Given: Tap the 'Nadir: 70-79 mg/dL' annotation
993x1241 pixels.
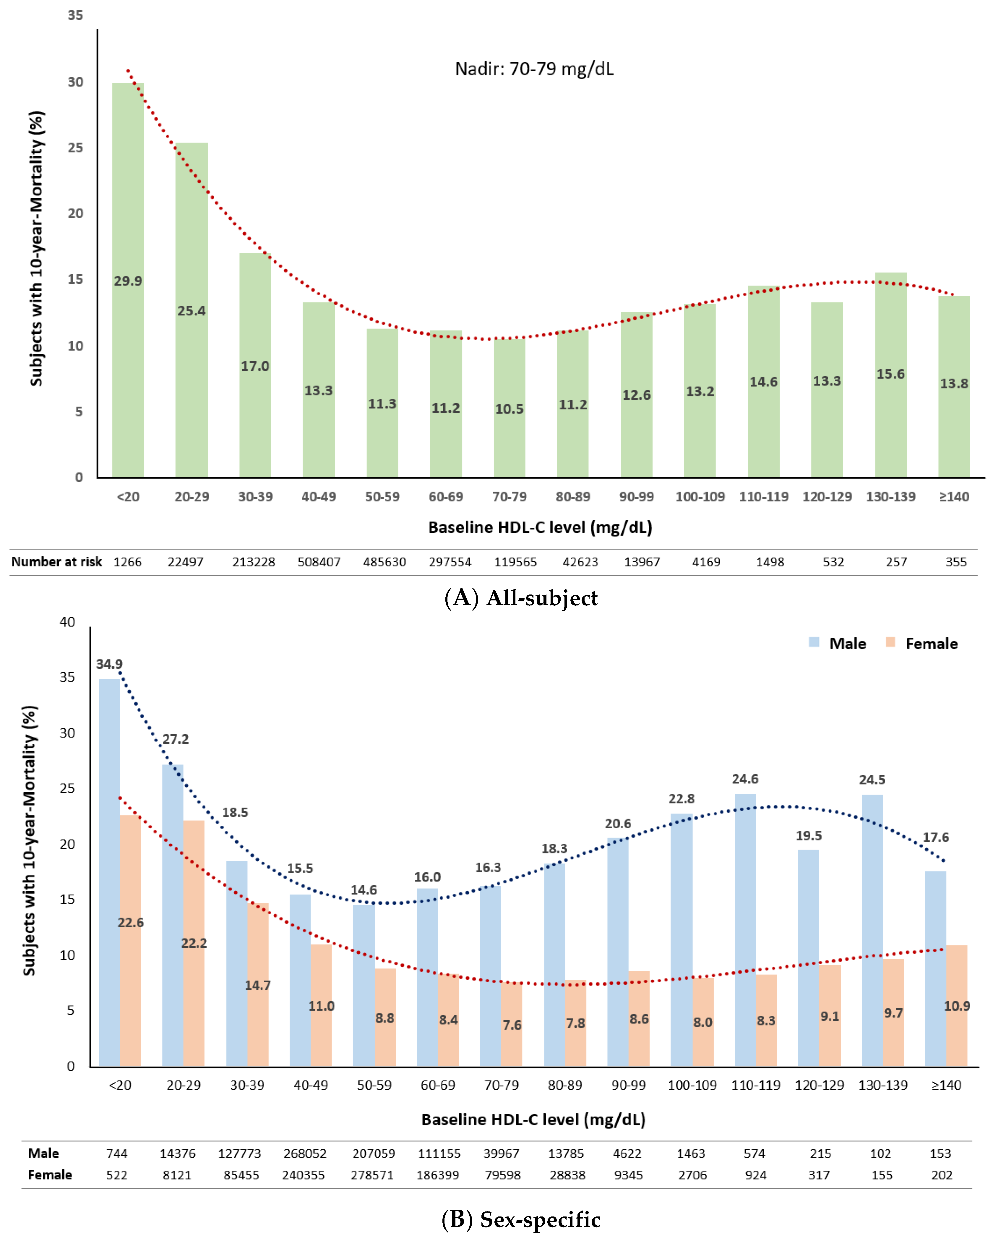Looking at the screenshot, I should (534, 69).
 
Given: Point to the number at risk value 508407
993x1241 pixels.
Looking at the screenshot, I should (319, 562).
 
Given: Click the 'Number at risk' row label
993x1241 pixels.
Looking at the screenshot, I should (56, 562).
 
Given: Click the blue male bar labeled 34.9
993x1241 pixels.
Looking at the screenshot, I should (109, 863).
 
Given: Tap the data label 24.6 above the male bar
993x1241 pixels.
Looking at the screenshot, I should (745, 779).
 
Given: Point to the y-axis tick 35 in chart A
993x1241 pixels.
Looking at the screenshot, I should (75, 16).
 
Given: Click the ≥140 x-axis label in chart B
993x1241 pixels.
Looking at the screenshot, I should (946, 1085).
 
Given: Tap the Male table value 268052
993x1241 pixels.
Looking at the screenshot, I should (305, 1153).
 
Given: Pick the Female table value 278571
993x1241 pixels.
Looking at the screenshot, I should (372, 1175).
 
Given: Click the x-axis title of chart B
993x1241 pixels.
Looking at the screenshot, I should (533, 1120).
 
